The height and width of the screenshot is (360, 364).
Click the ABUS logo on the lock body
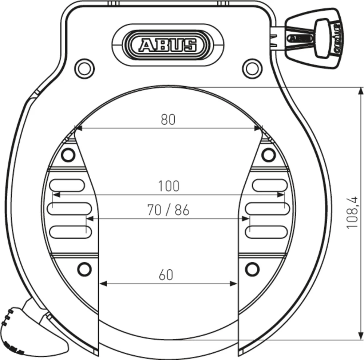click(x=168, y=45)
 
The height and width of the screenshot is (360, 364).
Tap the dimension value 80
click(x=168, y=119)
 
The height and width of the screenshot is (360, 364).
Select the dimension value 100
click(x=169, y=186)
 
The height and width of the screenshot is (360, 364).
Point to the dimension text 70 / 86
click(x=168, y=210)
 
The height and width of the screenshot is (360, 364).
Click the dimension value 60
click(x=166, y=275)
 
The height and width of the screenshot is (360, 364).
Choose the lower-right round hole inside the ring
click(x=252, y=269)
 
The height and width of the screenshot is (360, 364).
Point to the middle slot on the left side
click(x=70, y=208)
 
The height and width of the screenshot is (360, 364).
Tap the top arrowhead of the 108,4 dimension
click(x=361, y=91)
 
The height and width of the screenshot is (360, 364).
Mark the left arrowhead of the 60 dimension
click(x=103, y=284)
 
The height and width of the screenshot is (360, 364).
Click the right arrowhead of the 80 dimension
click(x=258, y=128)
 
